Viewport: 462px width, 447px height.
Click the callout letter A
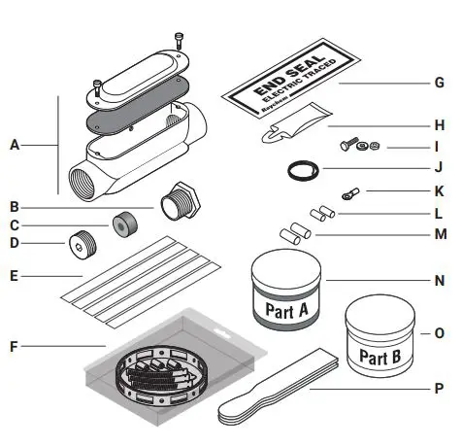tap(15, 145)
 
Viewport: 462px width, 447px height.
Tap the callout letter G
tap(439, 85)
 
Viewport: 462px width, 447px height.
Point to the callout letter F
tap(15, 343)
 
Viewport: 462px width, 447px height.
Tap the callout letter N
tap(439, 277)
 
